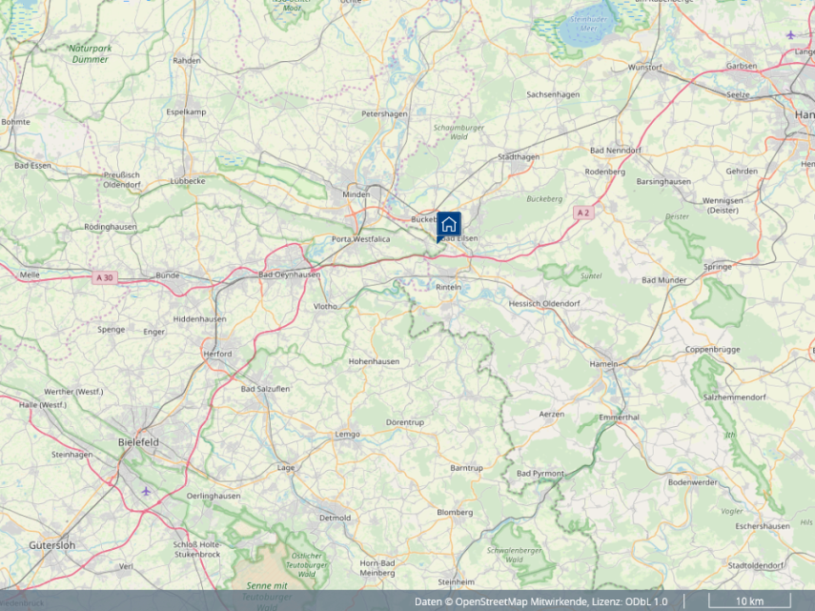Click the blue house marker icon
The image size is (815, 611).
(449, 225)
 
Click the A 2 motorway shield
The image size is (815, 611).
(582, 213)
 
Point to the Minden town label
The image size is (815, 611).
(356, 194)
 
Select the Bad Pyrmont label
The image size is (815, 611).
(540, 474)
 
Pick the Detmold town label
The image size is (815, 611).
(335, 518)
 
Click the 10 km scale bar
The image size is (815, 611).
(749, 601)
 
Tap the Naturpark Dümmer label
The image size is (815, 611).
(89, 53)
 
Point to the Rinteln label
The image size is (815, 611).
(448, 287)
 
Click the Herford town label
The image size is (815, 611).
(217, 354)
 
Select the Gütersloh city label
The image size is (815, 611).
(51, 545)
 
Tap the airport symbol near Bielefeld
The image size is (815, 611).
(145, 491)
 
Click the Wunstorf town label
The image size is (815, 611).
(645, 68)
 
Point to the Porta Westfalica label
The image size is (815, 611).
(360, 239)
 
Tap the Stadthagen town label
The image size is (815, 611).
(519, 156)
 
